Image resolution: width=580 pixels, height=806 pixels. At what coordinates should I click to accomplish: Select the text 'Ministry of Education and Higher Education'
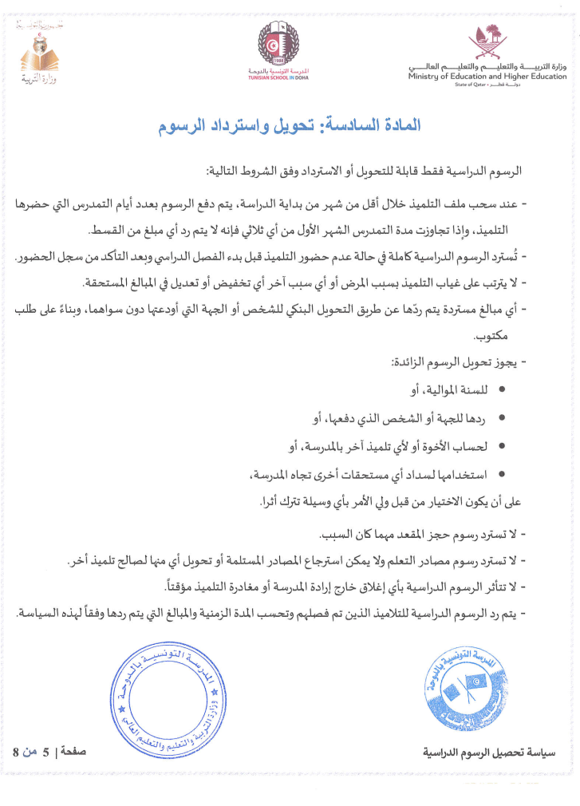click(x=487, y=77)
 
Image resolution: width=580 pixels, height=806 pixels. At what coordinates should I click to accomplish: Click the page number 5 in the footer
click(x=45, y=752)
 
